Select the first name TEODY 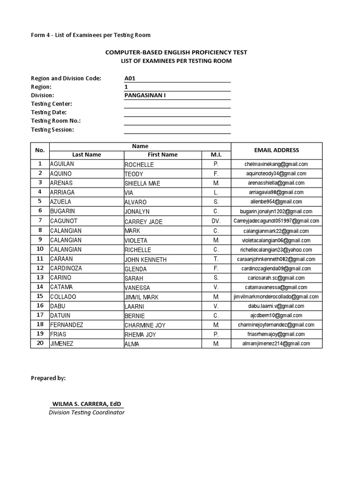click(x=134, y=174)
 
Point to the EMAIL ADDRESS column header click(x=276, y=150)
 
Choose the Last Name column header click(x=86, y=155)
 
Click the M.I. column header click(x=216, y=155)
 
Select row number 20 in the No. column click(x=40, y=343)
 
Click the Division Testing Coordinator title click(x=87, y=412)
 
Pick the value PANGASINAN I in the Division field click(x=145, y=95)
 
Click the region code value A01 click(x=130, y=79)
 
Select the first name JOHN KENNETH click(x=145, y=259)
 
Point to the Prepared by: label click(x=48, y=378)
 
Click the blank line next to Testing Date click(x=177, y=112)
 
